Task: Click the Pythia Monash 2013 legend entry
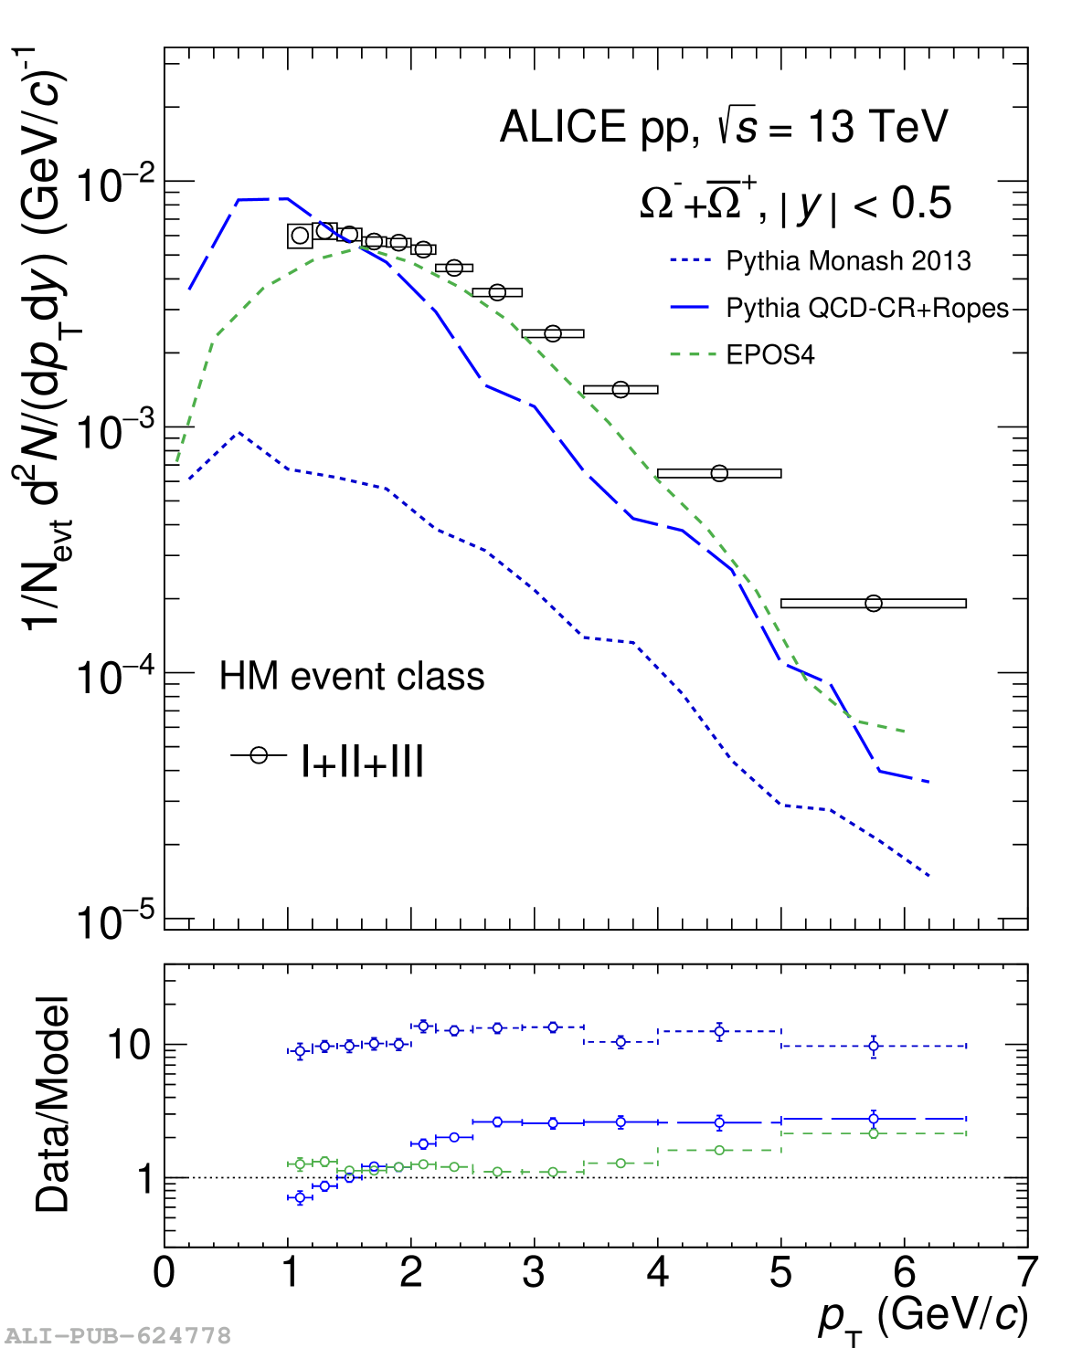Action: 847,261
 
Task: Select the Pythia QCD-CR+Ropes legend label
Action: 866,309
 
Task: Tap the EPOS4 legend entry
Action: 769,354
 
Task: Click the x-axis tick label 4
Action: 658,1272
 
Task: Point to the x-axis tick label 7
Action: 1027,1272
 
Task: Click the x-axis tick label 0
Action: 164,1272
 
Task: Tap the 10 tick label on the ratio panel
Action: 128,1045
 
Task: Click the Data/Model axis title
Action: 53,1105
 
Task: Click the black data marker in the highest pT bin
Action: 874,603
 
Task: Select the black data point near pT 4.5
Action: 719,473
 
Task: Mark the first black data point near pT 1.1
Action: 300,236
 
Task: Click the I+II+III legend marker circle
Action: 259,755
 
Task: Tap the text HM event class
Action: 352,677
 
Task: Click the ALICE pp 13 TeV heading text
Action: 724,127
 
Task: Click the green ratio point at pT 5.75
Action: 874,1133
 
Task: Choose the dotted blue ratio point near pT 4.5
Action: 719,1031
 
